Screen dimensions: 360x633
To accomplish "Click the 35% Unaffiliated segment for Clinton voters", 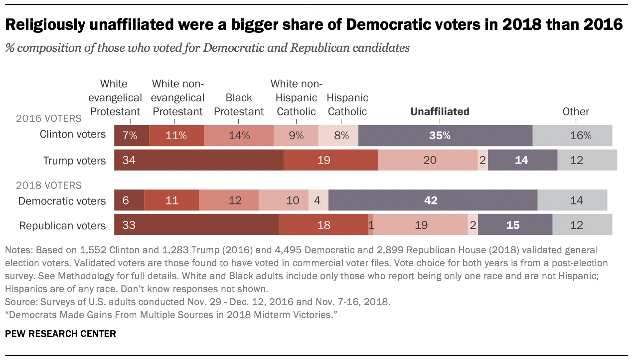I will coord(445,135).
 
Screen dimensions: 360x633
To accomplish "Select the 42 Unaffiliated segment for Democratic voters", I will coord(433,200).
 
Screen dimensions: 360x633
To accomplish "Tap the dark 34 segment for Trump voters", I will coord(199,160).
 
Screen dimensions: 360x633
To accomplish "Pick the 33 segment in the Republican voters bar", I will coord(196,224).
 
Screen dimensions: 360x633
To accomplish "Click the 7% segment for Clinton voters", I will coord(132,135).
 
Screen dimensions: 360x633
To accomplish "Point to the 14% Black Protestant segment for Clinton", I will coord(239,135).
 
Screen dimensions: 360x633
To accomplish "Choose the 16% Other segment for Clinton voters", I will coord(572,135).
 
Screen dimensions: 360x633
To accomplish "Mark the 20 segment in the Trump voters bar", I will coord(428,160).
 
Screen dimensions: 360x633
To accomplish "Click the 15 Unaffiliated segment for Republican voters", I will coord(515,224).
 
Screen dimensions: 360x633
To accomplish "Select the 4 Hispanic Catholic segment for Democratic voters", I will coord(318,200).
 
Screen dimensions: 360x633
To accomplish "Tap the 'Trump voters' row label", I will coord(74,161).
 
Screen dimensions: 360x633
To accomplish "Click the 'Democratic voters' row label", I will coord(62,201).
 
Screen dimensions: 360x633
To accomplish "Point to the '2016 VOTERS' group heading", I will coord(48,119).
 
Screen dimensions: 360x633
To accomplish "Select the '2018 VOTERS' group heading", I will coord(48,185).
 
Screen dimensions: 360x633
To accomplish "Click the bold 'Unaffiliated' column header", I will coord(440,112).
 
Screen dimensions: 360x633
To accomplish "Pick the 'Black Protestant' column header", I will coord(239,105).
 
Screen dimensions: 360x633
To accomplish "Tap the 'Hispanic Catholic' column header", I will coord(347,105).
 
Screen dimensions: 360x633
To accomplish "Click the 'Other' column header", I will coord(576,112).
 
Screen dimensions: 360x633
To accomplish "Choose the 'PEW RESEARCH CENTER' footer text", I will coord(60,334).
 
